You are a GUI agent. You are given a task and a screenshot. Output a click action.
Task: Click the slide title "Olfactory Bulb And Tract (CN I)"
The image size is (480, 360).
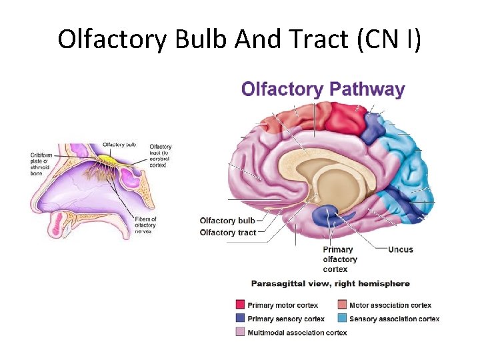tap(239, 39)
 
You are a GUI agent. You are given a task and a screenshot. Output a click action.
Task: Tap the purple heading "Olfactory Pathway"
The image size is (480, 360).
tap(323, 90)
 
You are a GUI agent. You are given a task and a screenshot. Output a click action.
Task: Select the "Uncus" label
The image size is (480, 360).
tap(401, 249)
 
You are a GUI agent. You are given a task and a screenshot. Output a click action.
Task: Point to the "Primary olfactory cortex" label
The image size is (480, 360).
tap(340, 259)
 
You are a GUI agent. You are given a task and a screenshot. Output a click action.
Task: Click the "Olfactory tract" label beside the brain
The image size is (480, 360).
tap(227, 233)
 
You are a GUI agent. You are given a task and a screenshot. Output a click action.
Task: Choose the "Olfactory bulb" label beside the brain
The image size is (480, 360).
tap(227, 221)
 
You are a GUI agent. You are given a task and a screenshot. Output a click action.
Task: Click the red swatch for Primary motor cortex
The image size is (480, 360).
tap(240, 305)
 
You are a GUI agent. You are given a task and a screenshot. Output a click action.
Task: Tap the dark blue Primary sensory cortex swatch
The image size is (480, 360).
tap(240, 319)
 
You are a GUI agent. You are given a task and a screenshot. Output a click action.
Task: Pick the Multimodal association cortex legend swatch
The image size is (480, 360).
tap(240, 332)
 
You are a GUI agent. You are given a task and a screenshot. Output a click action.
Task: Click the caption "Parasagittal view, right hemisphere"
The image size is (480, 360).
tap(330, 283)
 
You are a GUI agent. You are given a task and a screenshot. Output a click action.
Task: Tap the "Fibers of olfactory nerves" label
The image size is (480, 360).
tap(145, 226)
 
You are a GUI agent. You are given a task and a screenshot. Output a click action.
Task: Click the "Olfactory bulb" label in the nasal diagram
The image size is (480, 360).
tap(119, 144)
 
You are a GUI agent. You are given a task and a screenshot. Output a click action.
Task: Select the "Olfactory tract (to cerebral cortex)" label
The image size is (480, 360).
tap(161, 155)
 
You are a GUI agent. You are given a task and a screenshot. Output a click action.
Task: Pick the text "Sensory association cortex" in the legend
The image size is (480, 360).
tap(395, 319)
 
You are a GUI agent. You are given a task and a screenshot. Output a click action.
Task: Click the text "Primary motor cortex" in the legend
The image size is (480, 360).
tap(283, 305)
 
